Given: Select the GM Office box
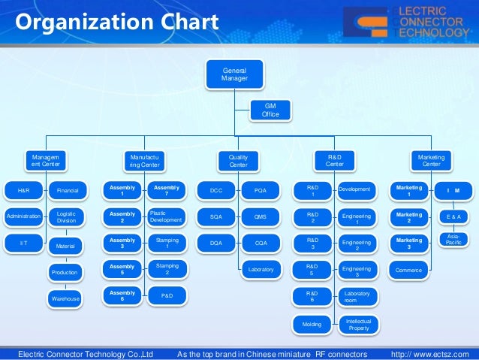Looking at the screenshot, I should coord(270,110).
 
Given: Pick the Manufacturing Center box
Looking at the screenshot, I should coord(143,160).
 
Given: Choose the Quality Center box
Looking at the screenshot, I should coord(238,160).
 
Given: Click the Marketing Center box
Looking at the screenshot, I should coord(431,160).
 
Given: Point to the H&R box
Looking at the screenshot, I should coord(24,191).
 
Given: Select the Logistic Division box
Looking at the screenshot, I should coord(66,217).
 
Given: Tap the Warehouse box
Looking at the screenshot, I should coord(65,298).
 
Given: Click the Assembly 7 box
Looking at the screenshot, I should coord(165,191).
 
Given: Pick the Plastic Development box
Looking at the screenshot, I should coord(165,216).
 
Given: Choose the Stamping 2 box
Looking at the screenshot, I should coord(165,269).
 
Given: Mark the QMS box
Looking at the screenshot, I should coord(261,216).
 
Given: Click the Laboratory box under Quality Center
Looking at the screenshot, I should coord(261,269).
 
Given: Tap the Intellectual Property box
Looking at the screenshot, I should coord(358,324).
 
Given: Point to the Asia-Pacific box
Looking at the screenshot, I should coord(453,241).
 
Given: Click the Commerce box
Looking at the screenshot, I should coord(408,269).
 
